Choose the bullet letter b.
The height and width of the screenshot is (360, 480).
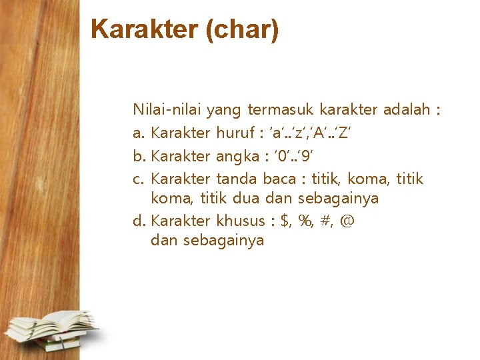coord(138,155)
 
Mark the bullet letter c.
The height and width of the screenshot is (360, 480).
coord(137,179)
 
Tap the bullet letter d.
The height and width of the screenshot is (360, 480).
coord(138,220)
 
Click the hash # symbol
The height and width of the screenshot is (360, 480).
coord(327,220)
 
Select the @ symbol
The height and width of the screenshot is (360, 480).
coord(347,221)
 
